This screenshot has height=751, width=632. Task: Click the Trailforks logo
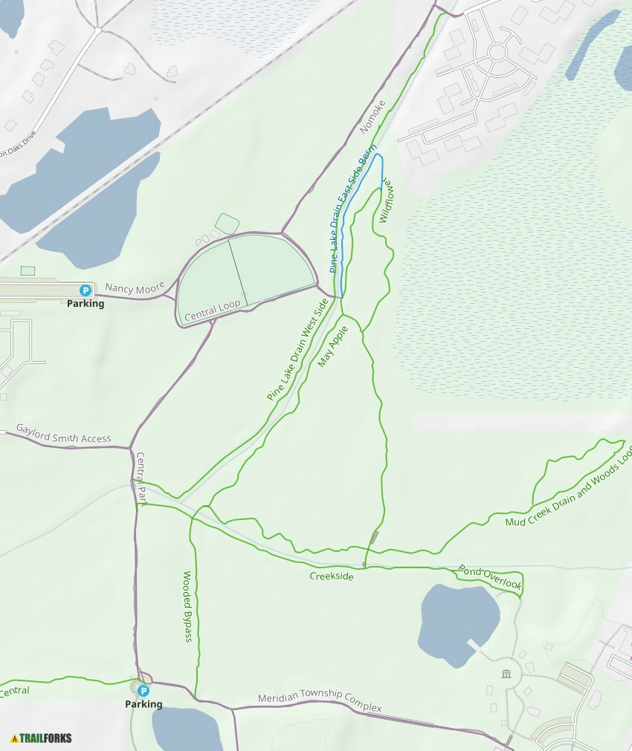pyautogui.click(x=42, y=738)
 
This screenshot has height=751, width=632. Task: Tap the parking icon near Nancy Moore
pyautogui.click(x=86, y=290)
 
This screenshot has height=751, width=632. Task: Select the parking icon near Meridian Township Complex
pyautogui.click(x=144, y=691)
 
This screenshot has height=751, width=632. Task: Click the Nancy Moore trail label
pyautogui.click(x=135, y=287)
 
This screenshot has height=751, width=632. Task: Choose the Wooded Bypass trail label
pyautogui.click(x=188, y=606)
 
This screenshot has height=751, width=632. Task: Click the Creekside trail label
pyautogui.click(x=332, y=576)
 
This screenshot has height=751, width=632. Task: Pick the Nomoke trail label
pyautogui.click(x=373, y=117)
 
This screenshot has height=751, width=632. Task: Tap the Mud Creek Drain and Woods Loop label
pyautogui.click(x=569, y=488)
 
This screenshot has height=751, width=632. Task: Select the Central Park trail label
pyautogui.click(x=141, y=480)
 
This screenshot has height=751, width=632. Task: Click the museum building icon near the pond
pyautogui.click(x=506, y=674)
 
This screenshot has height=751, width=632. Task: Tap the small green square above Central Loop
pyautogui.click(x=227, y=222)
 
